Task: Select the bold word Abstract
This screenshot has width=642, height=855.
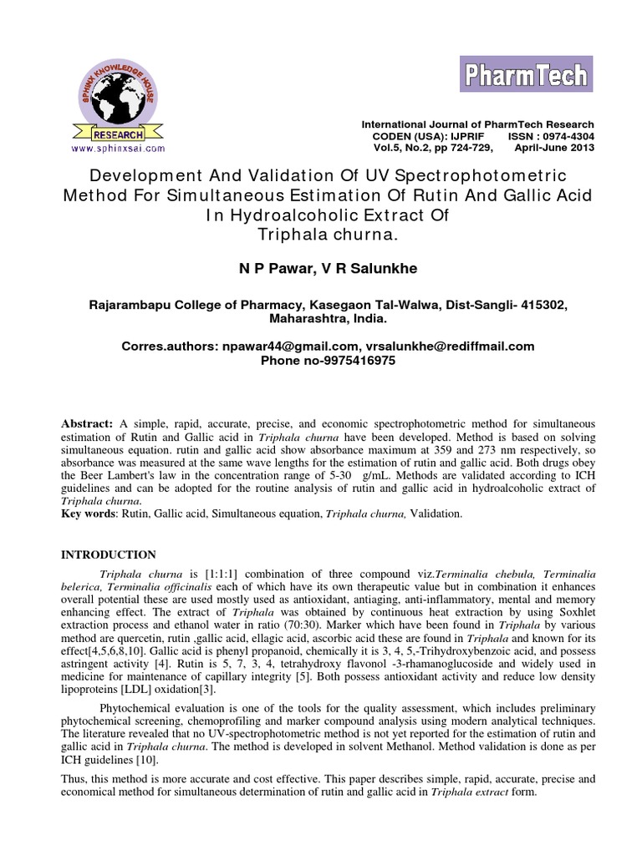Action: click(87, 424)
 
